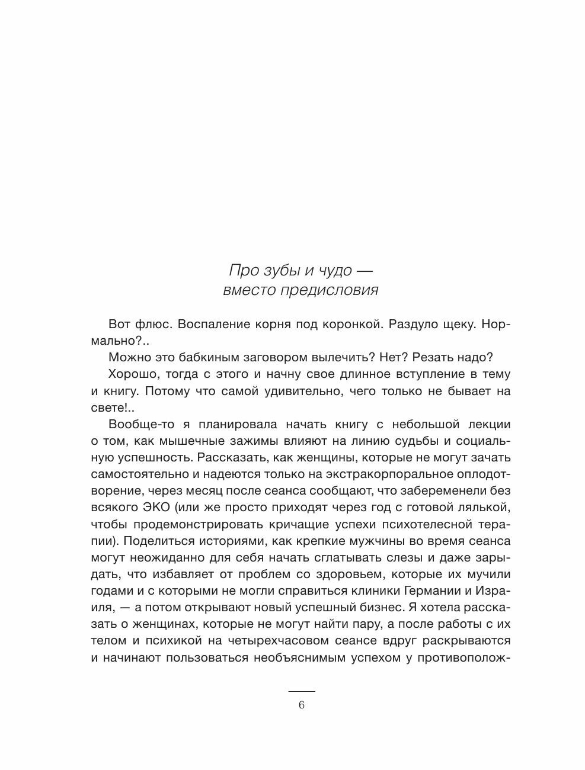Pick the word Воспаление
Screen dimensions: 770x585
point(219,324)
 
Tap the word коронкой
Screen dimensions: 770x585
point(356,324)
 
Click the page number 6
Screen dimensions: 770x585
point(301,705)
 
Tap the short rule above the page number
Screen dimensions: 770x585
point(301,691)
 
